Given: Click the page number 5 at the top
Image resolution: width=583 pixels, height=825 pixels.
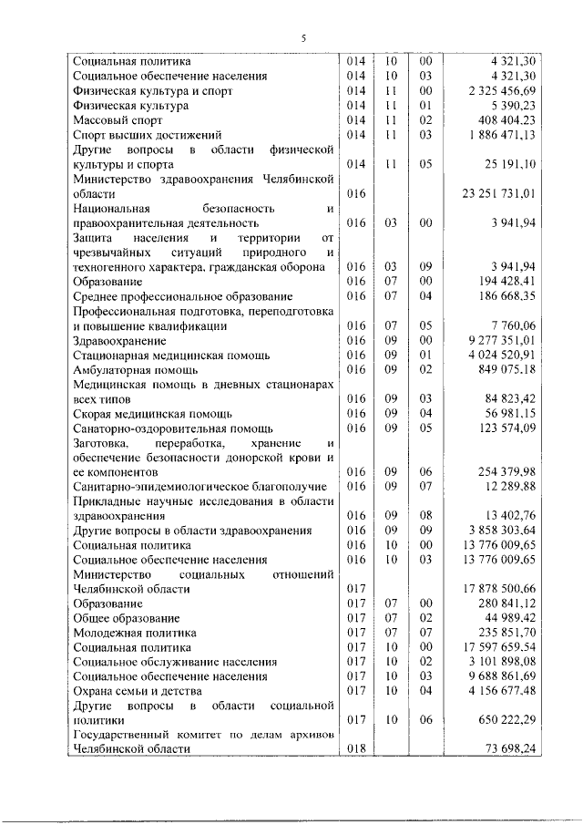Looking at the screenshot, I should click(x=304, y=37).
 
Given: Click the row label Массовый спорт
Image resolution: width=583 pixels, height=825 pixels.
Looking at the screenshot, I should click(x=119, y=120).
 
